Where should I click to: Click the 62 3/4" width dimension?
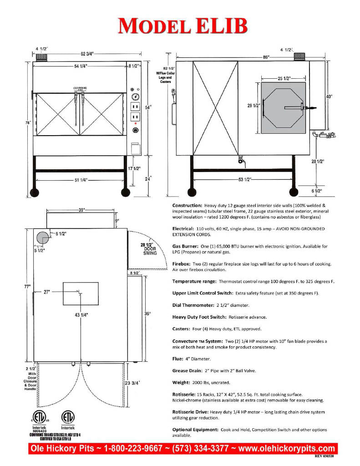point(87,54)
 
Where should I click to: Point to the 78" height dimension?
point(29,122)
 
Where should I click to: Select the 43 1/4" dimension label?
point(81,314)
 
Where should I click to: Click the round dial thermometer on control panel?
point(135,97)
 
